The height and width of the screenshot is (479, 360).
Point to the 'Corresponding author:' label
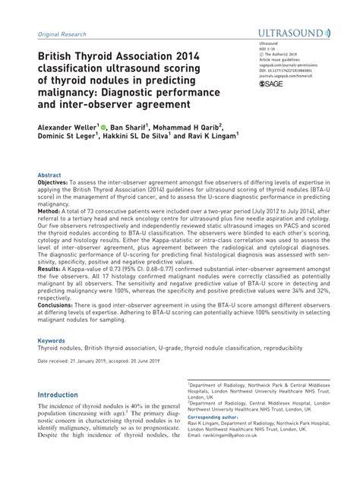(213, 417)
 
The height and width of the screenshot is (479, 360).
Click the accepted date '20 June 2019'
(141, 361)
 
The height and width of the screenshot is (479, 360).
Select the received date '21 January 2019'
(86, 361)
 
